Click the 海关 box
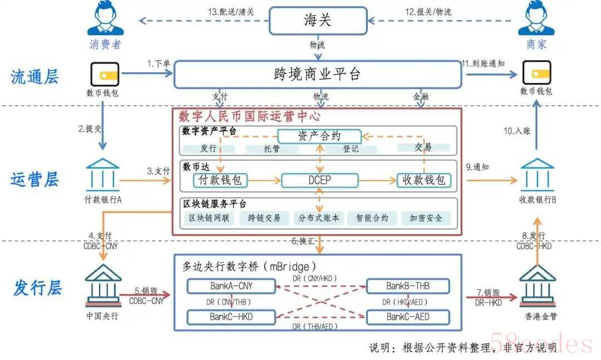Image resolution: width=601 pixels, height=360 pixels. pos(318,21)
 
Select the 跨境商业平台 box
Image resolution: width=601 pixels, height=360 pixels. pos(318,74)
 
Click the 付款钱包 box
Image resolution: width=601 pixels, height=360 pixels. pos(221,180)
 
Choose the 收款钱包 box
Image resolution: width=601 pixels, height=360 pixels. pos(424,180)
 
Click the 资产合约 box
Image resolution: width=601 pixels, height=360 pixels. pos(319,136)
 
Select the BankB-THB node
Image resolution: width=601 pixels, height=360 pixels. pos(408,287)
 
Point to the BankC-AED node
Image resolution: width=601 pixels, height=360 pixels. pos(408,317)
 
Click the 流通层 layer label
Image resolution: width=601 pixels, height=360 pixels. pos(35,77)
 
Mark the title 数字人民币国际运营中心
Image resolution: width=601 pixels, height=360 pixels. pos(249,117)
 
